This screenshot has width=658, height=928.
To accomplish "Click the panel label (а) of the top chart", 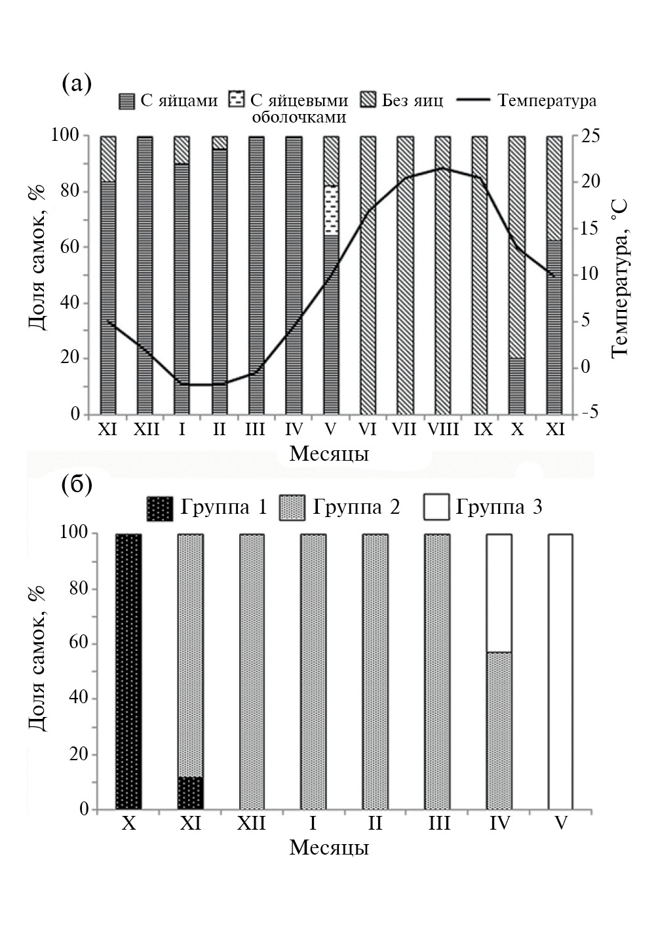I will tap(76, 85).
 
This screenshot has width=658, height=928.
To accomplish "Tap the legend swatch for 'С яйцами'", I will tap(126, 101).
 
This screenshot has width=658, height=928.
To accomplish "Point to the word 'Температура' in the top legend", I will tap(547, 100).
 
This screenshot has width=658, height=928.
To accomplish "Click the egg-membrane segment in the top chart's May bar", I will tap(332, 210).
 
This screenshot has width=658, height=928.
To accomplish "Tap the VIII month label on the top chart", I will tap(443, 430).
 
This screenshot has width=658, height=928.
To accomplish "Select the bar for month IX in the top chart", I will tap(480, 275).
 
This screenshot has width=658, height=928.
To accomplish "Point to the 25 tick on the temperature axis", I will tap(587, 136).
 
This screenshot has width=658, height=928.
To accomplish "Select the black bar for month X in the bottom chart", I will tap(128, 672).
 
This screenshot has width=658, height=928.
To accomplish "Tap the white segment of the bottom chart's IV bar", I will tap(499, 592).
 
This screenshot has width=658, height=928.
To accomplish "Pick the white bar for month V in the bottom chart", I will tap(560, 672).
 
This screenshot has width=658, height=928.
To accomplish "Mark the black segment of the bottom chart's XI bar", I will tap(191, 793).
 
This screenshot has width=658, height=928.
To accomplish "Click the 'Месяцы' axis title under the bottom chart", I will tap(329, 847).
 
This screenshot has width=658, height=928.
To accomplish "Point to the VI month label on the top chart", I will tap(368, 430).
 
